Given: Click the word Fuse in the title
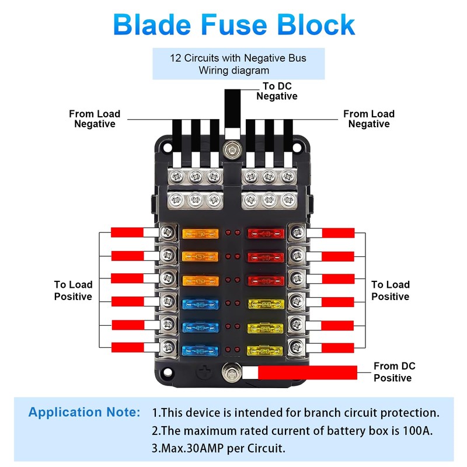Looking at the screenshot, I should click(233, 24).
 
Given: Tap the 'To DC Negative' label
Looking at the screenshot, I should click(276, 92).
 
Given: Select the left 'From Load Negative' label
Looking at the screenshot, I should click(95, 119).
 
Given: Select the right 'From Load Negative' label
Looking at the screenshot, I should click(369, 119).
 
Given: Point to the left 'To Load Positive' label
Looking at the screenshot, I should click(74, 290).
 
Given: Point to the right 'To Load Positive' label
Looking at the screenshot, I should click(391, 290).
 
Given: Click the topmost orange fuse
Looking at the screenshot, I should click(200, 234).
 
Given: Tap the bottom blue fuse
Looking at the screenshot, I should click(200, 350).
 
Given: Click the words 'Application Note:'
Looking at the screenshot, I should click(85, 412).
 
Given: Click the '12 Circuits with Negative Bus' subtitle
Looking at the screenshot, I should click(238, 58).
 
